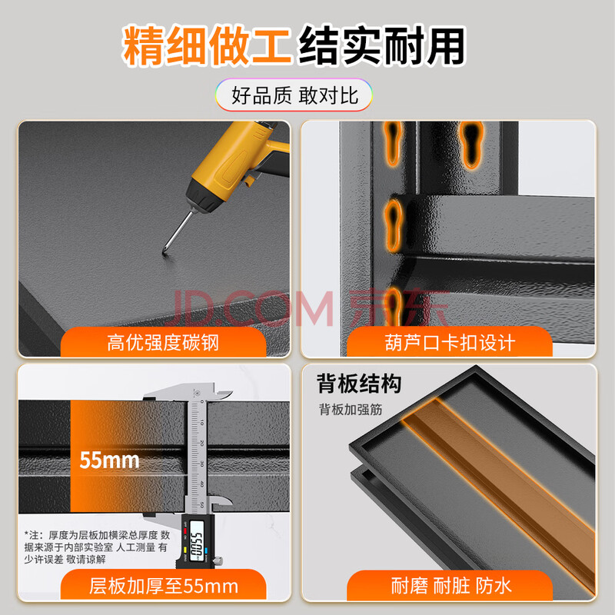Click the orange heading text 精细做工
[x=206, y=45]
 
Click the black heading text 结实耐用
[x=381, y=45]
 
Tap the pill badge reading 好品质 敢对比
[x=294, y=95]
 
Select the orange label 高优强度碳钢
[x=163, y=342]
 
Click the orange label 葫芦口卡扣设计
[x=450, y=342]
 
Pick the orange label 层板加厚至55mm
[x=164, y=586]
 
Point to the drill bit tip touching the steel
[x=164, y=254]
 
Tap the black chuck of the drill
[x=203, y=198]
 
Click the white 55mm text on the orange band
[x=109, y=460]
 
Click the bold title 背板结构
[x=359, y=383]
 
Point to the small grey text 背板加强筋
[x=351, y=410]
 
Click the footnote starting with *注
[x=97, y=547]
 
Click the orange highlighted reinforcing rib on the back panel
[x=498, y=487]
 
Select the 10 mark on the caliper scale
[x=201, y=422]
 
